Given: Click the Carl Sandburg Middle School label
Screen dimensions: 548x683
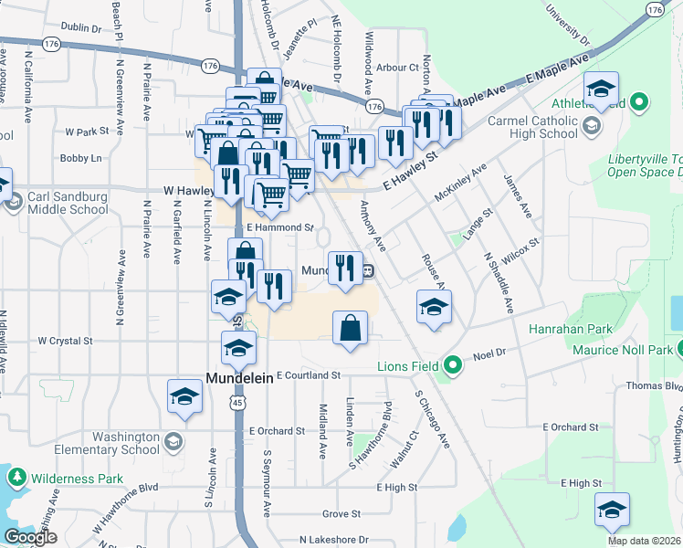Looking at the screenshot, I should pos(68,203).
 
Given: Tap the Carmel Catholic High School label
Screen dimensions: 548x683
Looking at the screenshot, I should pos(532,127).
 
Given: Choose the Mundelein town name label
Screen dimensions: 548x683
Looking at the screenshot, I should pos(239,377).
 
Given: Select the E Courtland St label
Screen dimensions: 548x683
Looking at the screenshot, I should pos(308,375).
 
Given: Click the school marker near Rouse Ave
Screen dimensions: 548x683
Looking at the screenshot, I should pos(434,306).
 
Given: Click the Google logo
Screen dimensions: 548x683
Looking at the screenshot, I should pos(30,537).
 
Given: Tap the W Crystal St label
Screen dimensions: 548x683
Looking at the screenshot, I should pos(65,341).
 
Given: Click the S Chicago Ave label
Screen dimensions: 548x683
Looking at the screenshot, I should pos(432,419).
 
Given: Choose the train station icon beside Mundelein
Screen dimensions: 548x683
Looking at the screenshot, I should pos(367,271).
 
